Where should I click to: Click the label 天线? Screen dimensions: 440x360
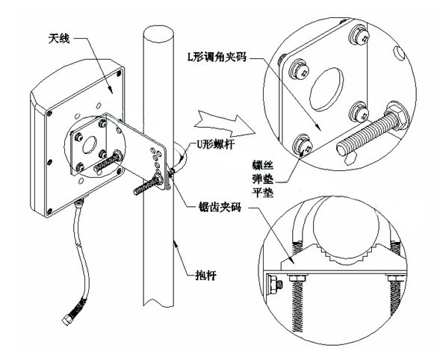coord(59,39)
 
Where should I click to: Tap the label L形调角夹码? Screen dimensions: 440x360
coord(217,57)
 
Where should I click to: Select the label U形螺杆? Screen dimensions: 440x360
coord(215,144)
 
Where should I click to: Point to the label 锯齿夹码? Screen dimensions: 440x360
coord(219,208)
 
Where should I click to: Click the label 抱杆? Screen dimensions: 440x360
coord(206,276)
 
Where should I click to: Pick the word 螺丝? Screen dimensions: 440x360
coord(263,165)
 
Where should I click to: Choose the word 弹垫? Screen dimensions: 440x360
coord(263,179)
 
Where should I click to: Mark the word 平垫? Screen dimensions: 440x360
coord(263,192)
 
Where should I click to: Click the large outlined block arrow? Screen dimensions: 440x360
coord(225,124)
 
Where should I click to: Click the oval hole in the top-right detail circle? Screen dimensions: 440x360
coord(326,89)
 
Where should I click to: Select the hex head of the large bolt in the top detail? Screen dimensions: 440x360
coord(396,117)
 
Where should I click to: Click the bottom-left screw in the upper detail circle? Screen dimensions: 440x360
coord(303,144)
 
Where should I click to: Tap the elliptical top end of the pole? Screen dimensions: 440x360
coord(158,34)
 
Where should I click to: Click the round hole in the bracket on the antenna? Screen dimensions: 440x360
coord(90,144)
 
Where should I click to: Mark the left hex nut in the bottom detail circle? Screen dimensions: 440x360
coord(297,278)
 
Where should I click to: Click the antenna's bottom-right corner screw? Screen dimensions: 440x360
coord(120,170)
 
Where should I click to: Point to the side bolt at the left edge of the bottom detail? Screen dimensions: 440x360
coord(274,285)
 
